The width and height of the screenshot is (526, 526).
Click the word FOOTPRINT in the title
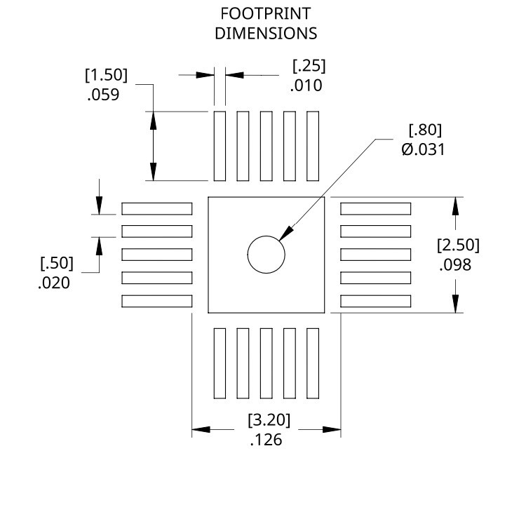point(266,14)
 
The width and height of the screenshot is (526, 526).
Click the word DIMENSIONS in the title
point(266,33)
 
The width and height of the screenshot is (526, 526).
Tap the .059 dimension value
point(104,95)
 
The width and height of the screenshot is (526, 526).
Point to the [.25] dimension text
point(309,67)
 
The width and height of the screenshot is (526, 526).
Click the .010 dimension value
point(306,86)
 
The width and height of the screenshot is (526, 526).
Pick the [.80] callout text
point(426,130)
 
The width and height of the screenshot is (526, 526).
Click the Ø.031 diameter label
point(423,149)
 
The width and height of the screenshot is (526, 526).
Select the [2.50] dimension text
point(458,245)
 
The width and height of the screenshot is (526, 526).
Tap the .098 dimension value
point(454,265)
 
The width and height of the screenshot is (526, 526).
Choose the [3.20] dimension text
point(269,421)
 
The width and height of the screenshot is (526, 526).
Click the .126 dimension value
point(266,440)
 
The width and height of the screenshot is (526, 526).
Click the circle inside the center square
point(266,254)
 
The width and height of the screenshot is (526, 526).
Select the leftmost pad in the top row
point(220,145)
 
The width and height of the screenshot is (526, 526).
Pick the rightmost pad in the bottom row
point(312,363)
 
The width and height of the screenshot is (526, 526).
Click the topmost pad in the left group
point(157,208)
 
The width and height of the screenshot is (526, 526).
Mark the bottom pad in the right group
point(375,301)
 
